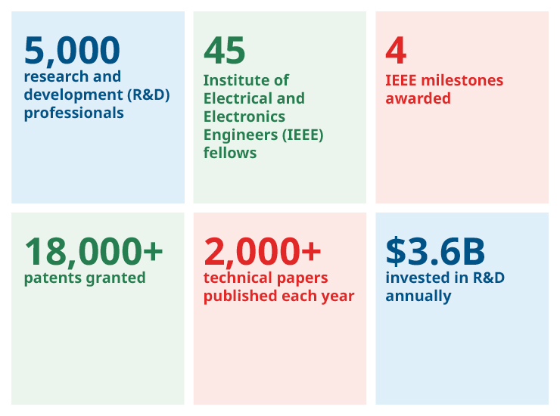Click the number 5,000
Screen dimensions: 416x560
(x=72, y=51)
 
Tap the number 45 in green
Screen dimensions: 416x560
(x=225, y=51)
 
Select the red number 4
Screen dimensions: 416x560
(x=396, y=51)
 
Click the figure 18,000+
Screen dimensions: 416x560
(x=93, y=251)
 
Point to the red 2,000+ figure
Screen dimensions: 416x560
(x=263, y=251)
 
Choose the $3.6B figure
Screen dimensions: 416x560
(x=435, y=251)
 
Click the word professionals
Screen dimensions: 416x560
(x=73, y=113)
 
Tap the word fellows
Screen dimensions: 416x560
(x=230, y=153)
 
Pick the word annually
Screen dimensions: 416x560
(x=418, y=296)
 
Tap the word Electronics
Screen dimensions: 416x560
(x=244, y=116)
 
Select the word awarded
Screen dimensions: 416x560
(x=418, y=98)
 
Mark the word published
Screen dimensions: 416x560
(x=239, y=296)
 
